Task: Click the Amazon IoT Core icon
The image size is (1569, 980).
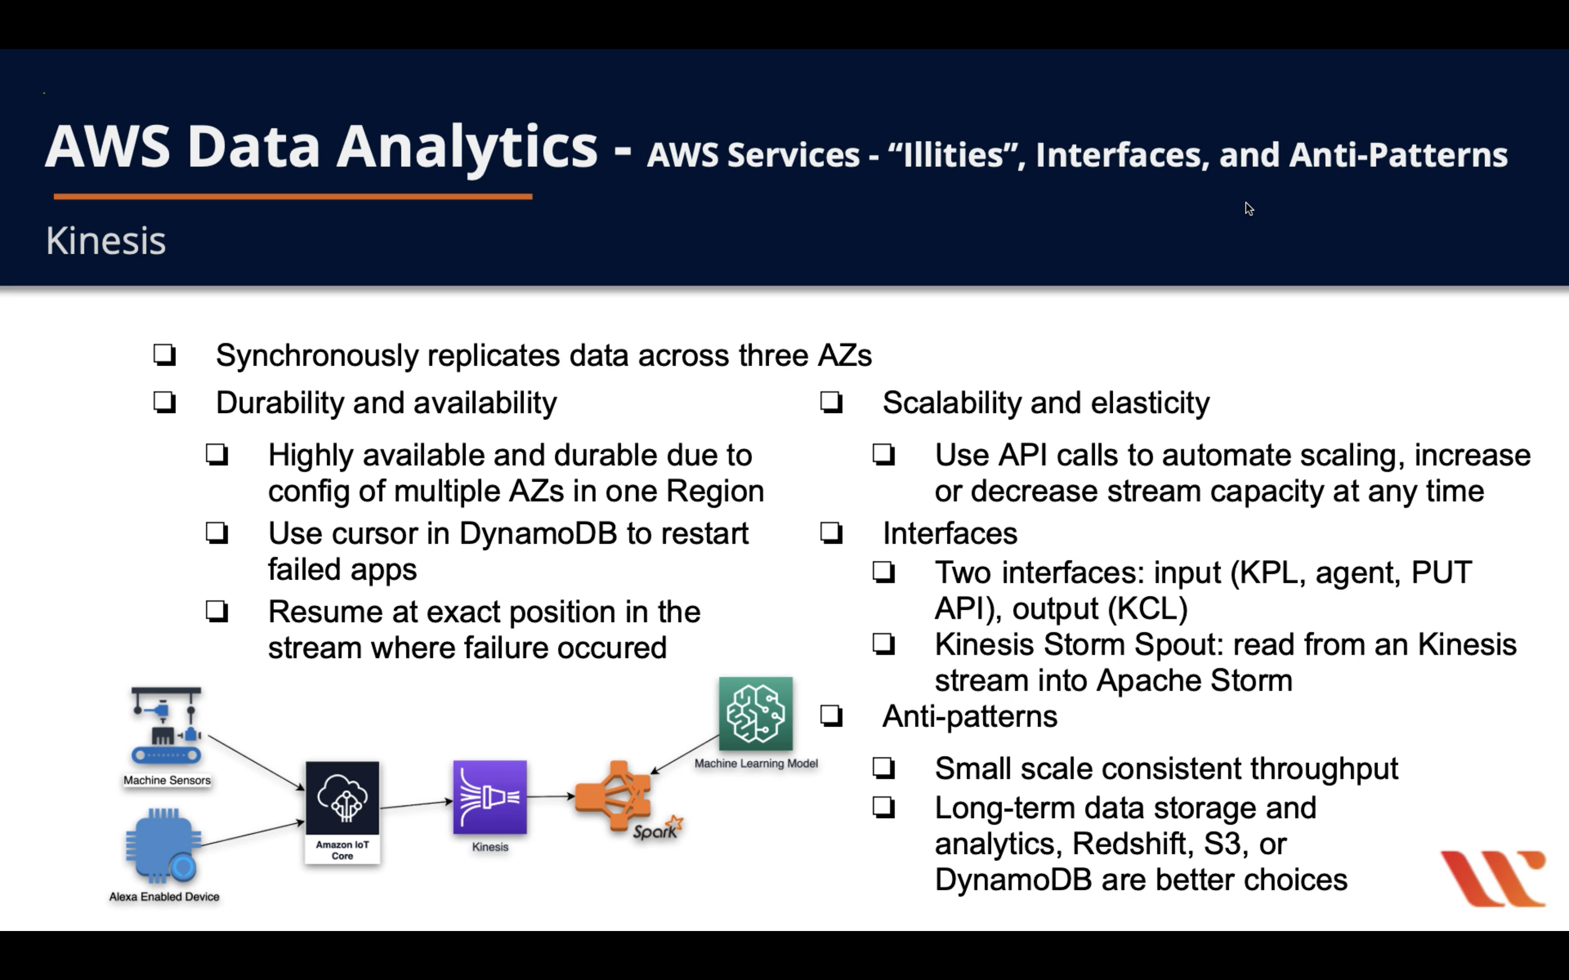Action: pyautogui.click(x=342, y=798)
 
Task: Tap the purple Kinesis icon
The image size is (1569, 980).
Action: pyautogui.click(x=489, y=797)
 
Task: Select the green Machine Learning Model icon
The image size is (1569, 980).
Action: pyautogui.click(x=755, y=714)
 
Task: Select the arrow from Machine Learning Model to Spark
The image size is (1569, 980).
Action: pyautogui.click(x=684, y=754)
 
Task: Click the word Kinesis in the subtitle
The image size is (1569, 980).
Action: pyautogui.click(x=106, y=241)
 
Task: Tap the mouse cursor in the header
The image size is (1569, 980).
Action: pyautogui.click(x=1249, y=209)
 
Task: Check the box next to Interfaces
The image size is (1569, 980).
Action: pyautogui.click(x=831, y=533)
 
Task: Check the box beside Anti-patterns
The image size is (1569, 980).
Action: pyautogui.click(x=831, y=716)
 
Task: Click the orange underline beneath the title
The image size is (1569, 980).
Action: pyautogui.click(x=292, y=196)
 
